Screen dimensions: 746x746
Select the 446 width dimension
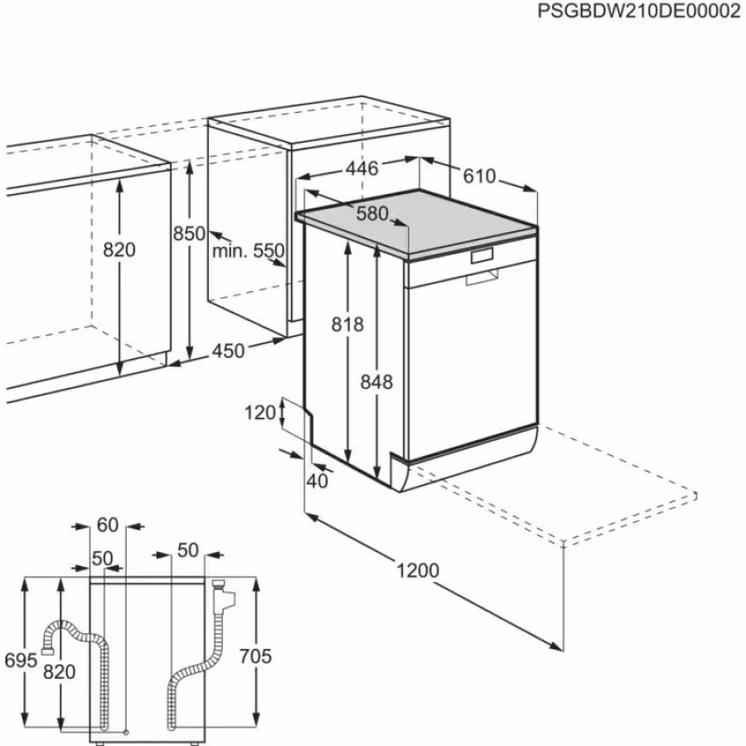(x=362, y=169)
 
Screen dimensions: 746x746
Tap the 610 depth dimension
(x=479, y=177)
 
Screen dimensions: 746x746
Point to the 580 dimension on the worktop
(x=372, y=214)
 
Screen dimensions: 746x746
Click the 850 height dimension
(x=188, y=235)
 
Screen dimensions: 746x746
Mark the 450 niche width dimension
(x=228, y=351)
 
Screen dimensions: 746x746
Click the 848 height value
(x=377, y=381)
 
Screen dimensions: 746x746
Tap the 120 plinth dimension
(x=262, y=412)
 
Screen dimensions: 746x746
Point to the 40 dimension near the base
(x=317, y=481)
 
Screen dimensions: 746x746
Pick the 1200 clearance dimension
(x=417, y=570)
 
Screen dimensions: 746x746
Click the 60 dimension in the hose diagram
(x=107, y=525)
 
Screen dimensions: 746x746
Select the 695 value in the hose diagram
(x=21, y=660)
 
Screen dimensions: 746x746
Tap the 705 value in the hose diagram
(x=256, y=657)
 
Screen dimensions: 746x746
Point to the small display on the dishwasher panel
(x=482, y=255)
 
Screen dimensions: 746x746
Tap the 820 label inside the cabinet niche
(x=119, y=250)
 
